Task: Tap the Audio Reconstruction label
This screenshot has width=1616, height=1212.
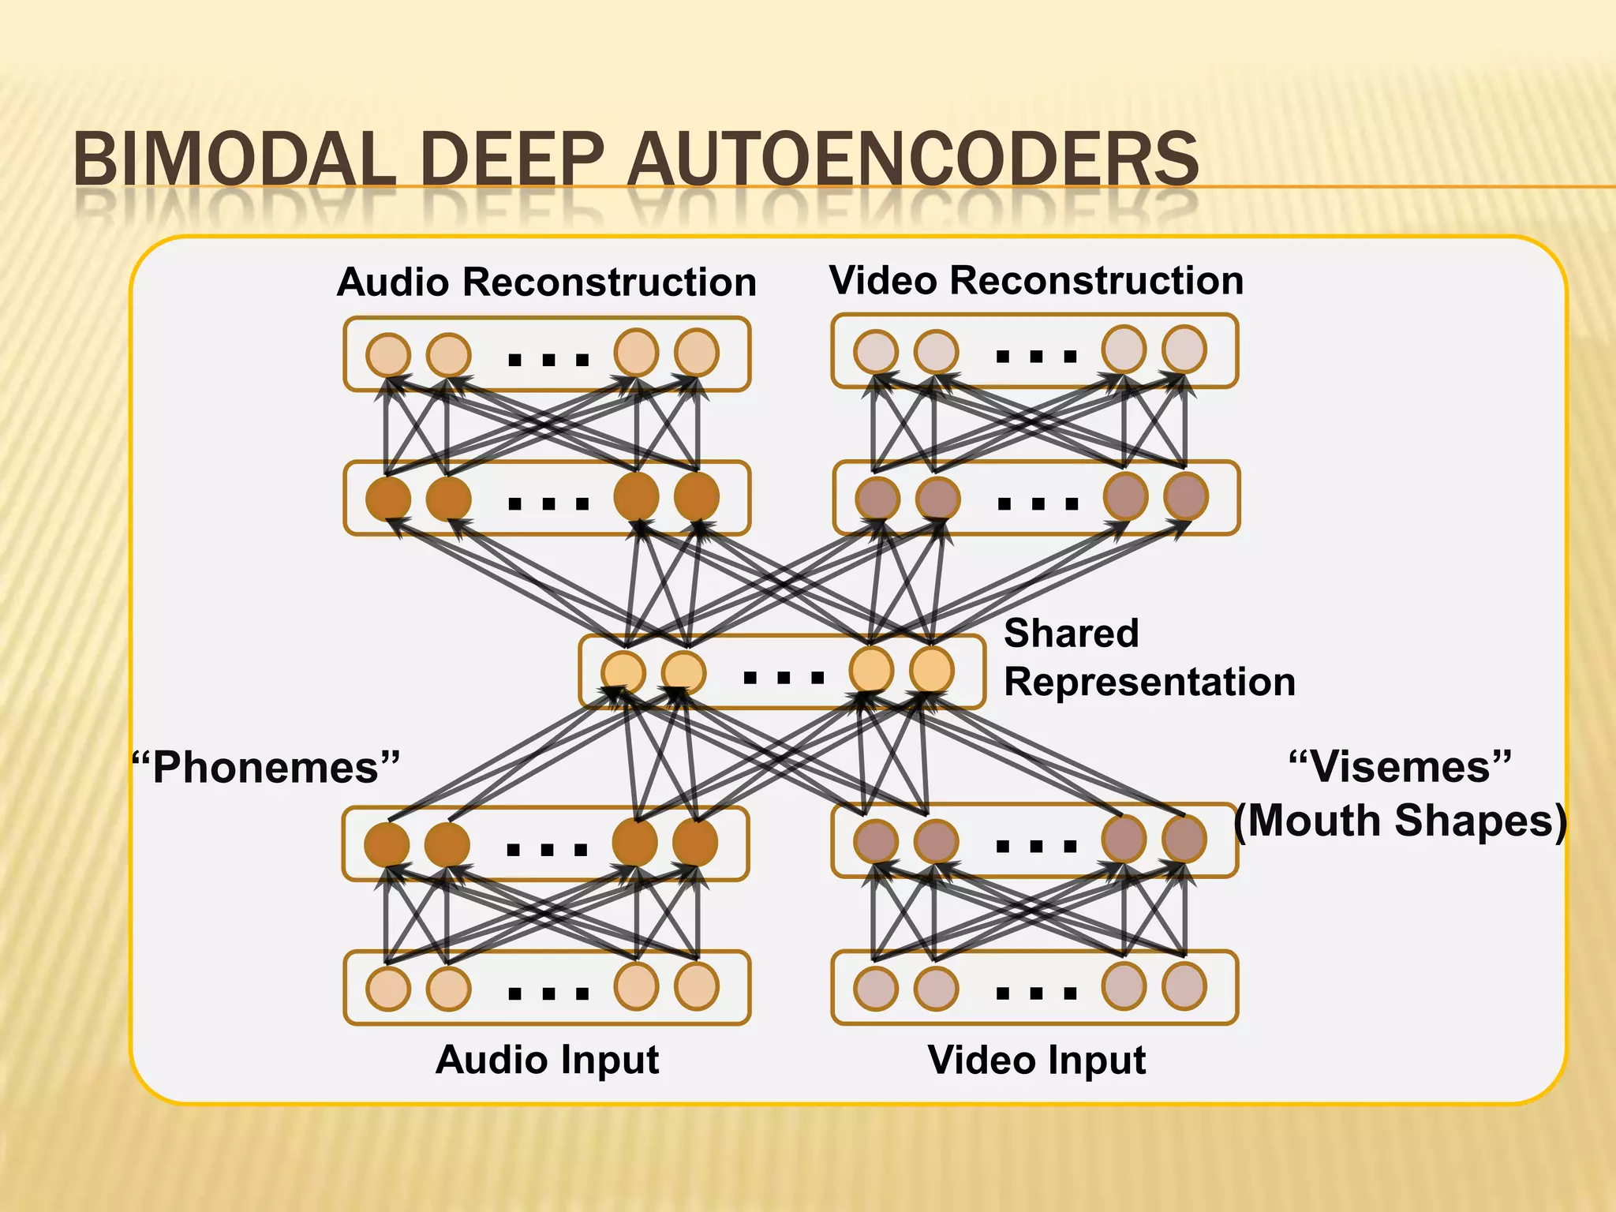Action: point(546,282)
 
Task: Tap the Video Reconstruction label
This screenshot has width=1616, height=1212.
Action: point(1036,280)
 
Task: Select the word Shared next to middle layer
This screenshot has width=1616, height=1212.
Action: point(1071,633)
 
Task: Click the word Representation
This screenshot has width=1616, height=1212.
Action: point(1149,682)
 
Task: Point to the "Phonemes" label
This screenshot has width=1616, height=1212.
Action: point(266,767)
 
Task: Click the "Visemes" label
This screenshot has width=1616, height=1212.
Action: point(1400,766)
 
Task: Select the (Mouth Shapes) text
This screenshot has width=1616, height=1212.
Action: point(1400,821)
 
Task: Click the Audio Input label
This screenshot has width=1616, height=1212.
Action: point(547,1059)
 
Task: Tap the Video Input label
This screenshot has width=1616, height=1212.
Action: point(1036,1060)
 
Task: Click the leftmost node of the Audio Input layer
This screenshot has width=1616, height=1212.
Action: point(388,988)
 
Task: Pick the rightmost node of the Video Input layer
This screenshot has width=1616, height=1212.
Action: point(1184,986)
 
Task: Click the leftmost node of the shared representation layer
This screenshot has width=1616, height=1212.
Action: point(623,673)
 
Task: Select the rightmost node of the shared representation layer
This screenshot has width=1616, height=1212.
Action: point(932,670)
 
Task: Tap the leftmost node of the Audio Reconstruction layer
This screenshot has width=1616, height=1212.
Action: point(388,354)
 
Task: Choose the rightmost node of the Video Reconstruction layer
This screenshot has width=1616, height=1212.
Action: point(1184,350)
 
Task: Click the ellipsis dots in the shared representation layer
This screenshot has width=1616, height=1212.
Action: point(784,677)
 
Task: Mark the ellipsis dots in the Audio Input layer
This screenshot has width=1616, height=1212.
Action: point(548,993)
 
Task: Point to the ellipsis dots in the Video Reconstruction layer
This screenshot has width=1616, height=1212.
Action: point(1036,357)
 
